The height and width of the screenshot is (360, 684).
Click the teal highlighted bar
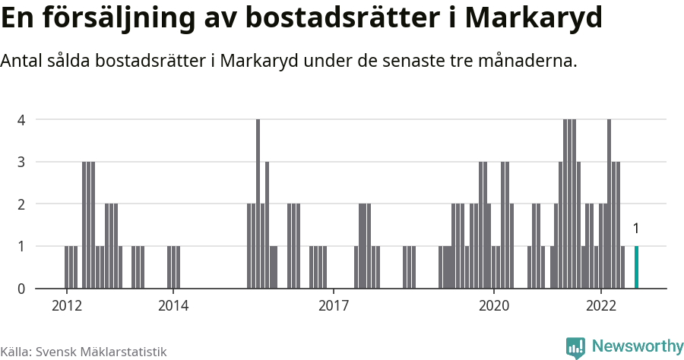pyautogui.click(x=636, y=267)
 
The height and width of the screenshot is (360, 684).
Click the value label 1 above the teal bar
pyautogui.click(x=636, y=229)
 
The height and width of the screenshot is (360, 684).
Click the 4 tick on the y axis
pyautogui.click(x=22, y=119)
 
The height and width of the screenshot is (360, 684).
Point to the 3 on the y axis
pyautogui.click(x=22, y=162)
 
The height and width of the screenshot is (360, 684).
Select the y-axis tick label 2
pyautogui.click(x=22, y=204)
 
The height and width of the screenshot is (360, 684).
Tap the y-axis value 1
pyautogui.click(x=22, y=246)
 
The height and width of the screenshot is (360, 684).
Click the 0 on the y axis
pyautogui.click(x=22, y=289)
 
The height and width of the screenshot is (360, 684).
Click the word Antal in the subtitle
pyautogui.click(x=22, y=61)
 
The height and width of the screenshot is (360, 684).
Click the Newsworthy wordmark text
pyautogui.click(x=638, y=346)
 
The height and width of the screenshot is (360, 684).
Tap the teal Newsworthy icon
pyautogui.click(x=575, y=348)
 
